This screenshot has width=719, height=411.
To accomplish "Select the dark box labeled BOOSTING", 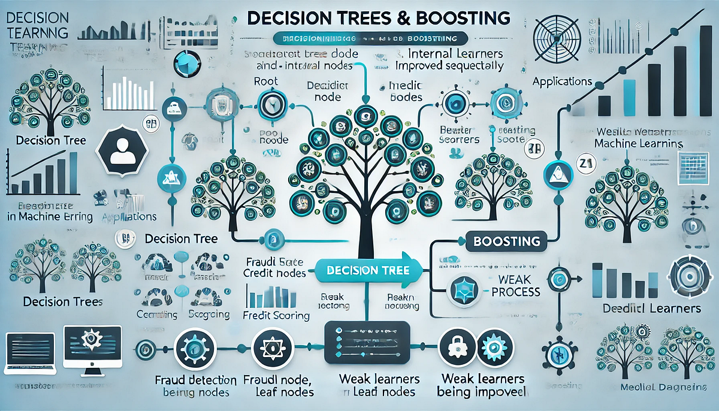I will (506, 241).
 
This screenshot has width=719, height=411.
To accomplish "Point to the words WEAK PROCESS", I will (515, 285).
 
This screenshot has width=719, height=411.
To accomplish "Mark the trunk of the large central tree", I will (361, 228).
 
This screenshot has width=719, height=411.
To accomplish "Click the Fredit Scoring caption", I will (276, 315).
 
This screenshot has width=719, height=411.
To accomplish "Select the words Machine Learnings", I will (638, 144).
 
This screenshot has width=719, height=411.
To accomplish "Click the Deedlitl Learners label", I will (651, 309).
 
